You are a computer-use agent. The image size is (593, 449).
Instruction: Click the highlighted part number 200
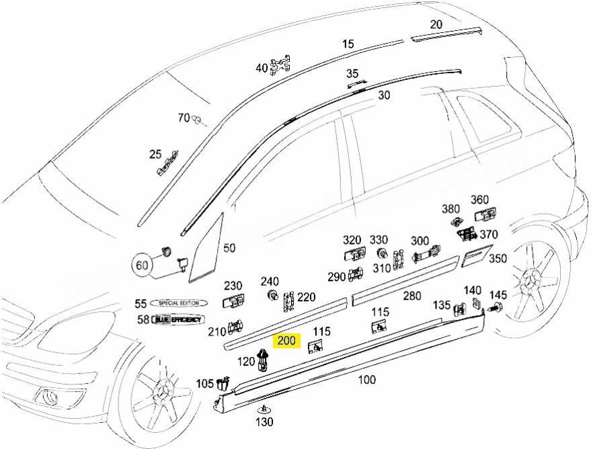tap(287, 341)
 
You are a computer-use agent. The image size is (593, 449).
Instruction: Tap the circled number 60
tap(142, 265)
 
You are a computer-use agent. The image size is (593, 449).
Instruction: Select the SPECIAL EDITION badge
tap(178, 303)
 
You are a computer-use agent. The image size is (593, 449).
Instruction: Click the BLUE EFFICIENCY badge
tap(177, 319)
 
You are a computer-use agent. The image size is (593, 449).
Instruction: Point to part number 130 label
tap(264, 422)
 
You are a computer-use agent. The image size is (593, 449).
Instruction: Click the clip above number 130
tap(264, 409)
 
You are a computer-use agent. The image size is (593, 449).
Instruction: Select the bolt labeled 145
tap(498, 309)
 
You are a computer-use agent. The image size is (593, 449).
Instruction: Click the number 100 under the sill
tap(366, 380)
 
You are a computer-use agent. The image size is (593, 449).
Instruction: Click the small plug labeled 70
tap(198, 120)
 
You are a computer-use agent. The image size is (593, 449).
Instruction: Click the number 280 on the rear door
tap(411, 296)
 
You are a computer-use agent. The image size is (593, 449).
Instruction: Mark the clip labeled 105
tap(221, 384)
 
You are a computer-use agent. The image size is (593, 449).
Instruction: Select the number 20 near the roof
tap(436, 25)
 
